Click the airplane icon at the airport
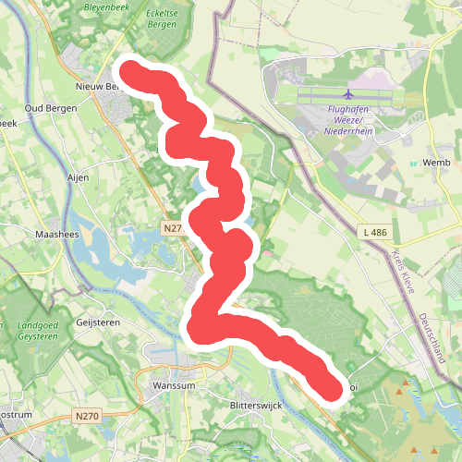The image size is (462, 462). pyautogui.click(x=348, y=94)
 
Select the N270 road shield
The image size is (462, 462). pyautogui.click(x=89, y=418)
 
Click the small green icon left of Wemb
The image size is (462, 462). pyautogui.click(x=415, y=164)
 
